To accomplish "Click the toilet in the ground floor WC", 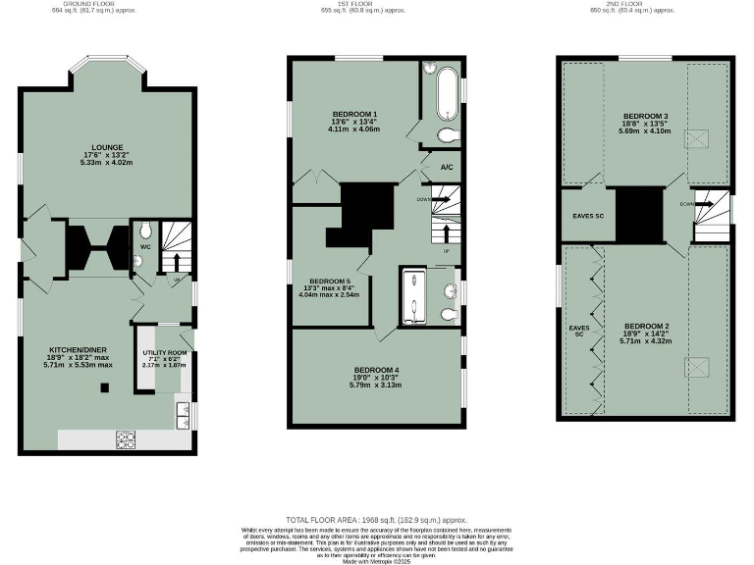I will [145, 231].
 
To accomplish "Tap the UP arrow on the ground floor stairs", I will [178, 262].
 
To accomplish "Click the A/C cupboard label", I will [447, 168].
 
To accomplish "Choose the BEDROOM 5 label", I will [324, 280].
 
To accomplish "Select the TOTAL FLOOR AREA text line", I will [377, 520].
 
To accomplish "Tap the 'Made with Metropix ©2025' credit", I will [377, 559].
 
